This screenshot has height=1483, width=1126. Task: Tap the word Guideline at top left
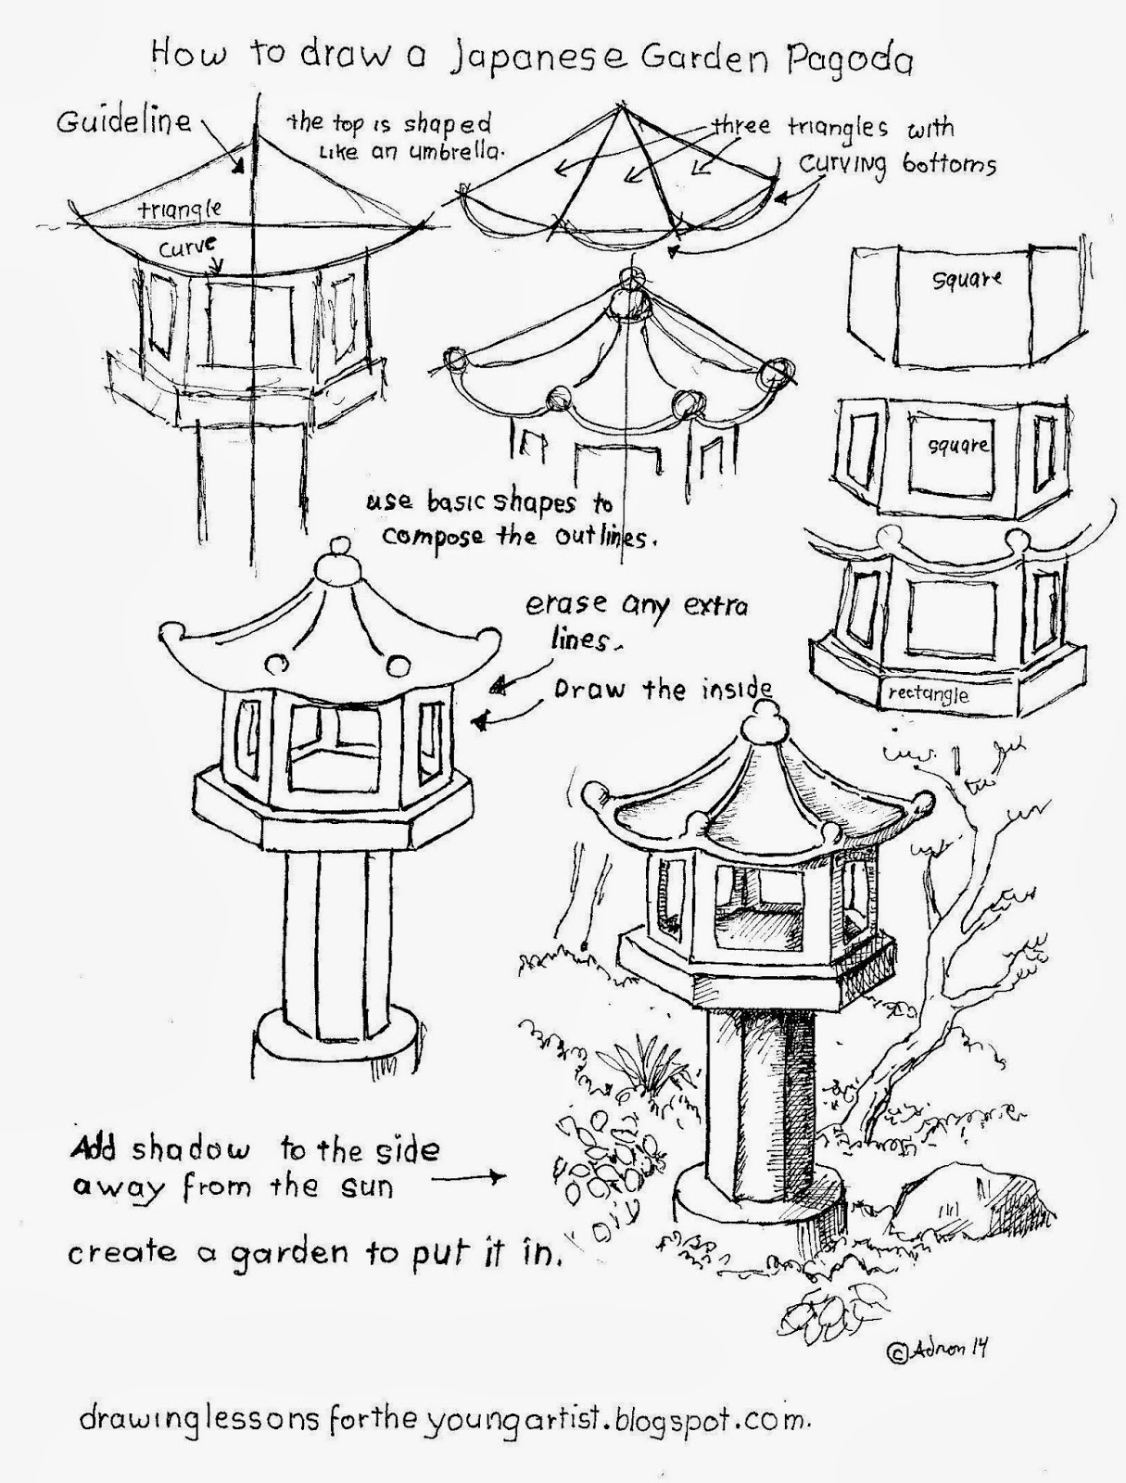123,122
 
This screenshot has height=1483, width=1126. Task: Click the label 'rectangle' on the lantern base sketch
928,693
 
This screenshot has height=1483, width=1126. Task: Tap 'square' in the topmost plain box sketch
968,277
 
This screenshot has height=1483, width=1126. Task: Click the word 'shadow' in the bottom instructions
190,1150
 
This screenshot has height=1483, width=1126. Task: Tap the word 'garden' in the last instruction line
295,1254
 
